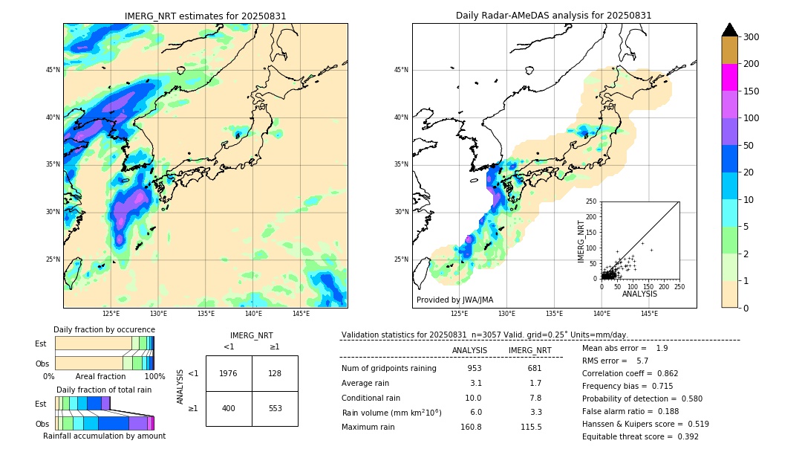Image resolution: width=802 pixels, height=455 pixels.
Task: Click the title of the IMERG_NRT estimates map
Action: (x=205, y=16)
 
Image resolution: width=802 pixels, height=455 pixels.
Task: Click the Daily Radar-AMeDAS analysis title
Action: (x=554, y=16)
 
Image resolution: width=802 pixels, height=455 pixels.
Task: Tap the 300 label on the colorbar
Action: (x=751, y=37)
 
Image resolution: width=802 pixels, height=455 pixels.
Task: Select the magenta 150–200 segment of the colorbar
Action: (x=729, y=77)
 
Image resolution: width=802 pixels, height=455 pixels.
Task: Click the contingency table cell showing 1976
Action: (x=229, y=373)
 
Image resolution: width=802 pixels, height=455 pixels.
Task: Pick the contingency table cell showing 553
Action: (x=275, y=408)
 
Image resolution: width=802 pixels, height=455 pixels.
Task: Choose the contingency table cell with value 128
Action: (x=275, y=373)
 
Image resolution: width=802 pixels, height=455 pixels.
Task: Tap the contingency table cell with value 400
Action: (x=229, y=408)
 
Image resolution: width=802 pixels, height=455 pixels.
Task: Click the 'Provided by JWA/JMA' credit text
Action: (x=454, y=300)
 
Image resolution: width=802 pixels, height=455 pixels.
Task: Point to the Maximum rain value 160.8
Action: (x=471, y=427)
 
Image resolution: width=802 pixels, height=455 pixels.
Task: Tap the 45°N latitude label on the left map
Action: (x=52, y=70)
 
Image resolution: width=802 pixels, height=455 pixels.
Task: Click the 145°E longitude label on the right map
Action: (x=649, y=314)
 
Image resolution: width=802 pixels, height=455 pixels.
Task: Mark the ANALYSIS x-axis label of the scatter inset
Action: (x=639, y=294)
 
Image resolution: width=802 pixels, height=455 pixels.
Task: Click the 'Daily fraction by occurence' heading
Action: (x=104, y=329)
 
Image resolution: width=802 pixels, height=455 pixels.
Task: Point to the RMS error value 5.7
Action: (x=642, y=361)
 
